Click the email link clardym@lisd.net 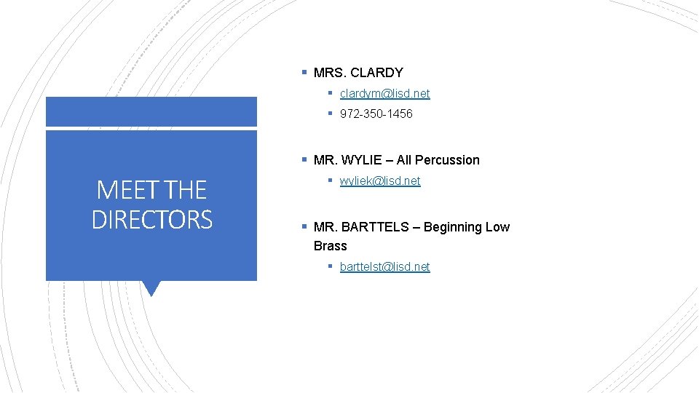384,94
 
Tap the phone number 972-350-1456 376,114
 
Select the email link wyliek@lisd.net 380,181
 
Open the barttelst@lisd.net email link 384,267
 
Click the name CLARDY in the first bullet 376,73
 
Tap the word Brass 330,246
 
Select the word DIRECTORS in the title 151,220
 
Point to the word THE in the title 186,191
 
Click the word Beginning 452,227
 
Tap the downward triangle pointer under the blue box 151,288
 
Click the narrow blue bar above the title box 151,112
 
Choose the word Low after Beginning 497,227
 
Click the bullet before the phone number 330,114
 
